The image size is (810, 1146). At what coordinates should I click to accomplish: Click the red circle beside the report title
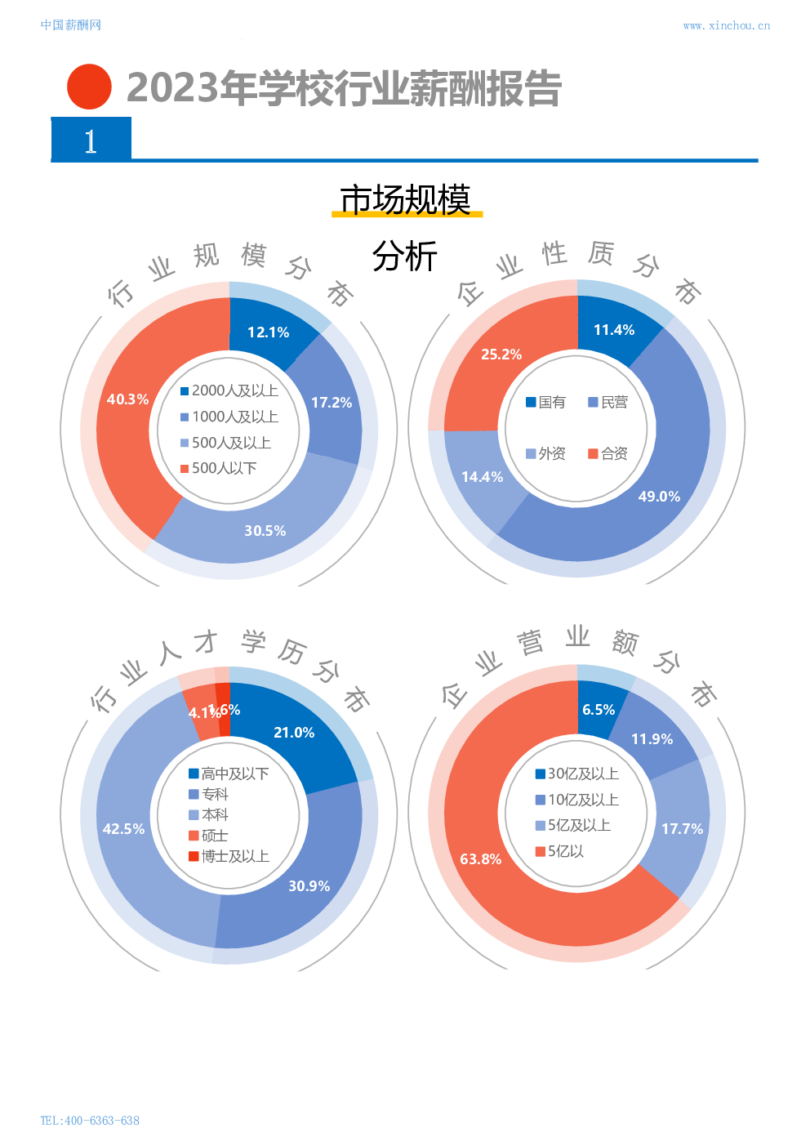pos(89,87)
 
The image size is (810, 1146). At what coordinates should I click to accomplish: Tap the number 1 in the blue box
pos(91,141)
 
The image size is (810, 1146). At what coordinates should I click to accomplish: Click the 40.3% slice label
pos(128,399)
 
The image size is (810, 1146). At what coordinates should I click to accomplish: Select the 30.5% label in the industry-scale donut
pos(265,531)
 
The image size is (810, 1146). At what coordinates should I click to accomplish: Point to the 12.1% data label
pos(269,332)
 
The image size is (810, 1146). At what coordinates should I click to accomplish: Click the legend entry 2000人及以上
pos(230,391)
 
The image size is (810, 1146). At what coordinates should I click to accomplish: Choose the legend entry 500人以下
pos(219,468)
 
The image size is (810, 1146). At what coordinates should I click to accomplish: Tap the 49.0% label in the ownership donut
pos(659,497)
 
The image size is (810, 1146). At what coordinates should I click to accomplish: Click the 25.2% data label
pos(501,355)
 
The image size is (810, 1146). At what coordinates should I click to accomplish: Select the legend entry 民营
pos(608,403)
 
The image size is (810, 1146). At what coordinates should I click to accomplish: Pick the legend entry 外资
pos(546,453)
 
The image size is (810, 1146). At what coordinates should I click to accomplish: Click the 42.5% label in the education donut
pos(124,829)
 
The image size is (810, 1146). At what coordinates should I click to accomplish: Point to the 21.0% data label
pos(294,733)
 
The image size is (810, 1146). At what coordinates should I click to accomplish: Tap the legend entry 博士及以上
pos(229,857)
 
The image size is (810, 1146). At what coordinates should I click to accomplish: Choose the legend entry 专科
pos(209,795)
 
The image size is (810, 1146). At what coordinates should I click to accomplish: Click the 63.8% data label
pos(481,859)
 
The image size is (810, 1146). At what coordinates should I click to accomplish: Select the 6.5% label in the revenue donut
pos(599,710)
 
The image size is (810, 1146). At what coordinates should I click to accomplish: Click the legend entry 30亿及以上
pos(577,774)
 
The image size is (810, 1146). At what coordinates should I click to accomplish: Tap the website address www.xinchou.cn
pos(726,25)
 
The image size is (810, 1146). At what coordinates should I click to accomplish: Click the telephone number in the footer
pos(90,1120)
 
